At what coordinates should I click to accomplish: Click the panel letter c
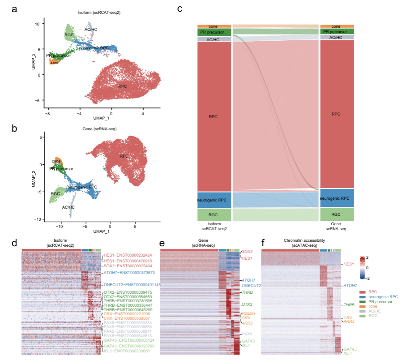tap(180, 9)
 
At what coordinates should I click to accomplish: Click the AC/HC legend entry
tap(374, 311)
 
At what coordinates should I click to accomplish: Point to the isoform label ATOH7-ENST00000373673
tap(129, 273)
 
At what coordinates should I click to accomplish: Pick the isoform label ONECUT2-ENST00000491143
tap(132, 285)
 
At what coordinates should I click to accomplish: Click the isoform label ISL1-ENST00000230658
tap(126, 351)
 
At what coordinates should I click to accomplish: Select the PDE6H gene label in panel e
tap(248, 313)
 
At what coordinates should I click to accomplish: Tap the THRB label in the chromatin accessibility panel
tap(349, 304)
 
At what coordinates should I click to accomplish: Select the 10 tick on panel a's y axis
tap(39, 23)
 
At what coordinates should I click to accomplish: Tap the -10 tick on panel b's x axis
tap(58, 227)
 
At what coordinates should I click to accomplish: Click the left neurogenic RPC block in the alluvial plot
tap(214, 200)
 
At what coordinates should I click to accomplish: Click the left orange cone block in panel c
tap(214, 26)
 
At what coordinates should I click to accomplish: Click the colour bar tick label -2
tap(368, 278)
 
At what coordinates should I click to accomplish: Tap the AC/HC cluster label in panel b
tap(68, 207)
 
